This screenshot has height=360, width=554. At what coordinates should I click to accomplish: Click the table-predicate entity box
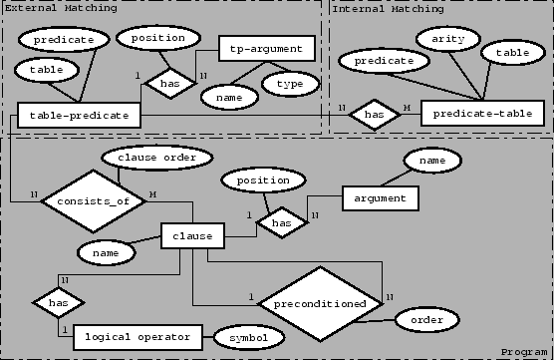pyautogui.click(x=79, y=115)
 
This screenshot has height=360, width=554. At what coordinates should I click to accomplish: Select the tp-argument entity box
pyautogui.click(x=266, y=48)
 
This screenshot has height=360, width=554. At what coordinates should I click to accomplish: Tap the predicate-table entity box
pyautogui.click(x=482, y=114)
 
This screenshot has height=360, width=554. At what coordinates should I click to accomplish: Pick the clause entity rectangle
pyautogui.click(x=192, y=237)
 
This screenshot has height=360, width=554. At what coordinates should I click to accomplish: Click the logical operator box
pyautogui.click(x=138, y=336)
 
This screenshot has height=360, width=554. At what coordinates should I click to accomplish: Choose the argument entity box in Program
pyautogui.click(x=380, y=197)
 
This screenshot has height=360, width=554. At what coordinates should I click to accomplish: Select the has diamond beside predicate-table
pyautogui.click(x=374, y=115)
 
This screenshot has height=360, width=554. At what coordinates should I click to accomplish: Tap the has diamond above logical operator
pyautogui.click(x=58, y=299)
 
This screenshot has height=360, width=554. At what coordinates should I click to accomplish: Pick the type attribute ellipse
pyautogui.click(x=290, y=84)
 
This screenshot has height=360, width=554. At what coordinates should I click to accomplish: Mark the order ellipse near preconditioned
pyautogui.click(x=426, y=319)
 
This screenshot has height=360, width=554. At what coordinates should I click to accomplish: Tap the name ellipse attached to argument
pyautogui.click(x=431, y=160)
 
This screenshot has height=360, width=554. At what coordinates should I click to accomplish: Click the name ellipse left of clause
pyautogui.click(x=106, y=254)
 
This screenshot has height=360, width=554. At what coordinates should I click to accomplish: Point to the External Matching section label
pyautogui.click(x=60, y=8)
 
